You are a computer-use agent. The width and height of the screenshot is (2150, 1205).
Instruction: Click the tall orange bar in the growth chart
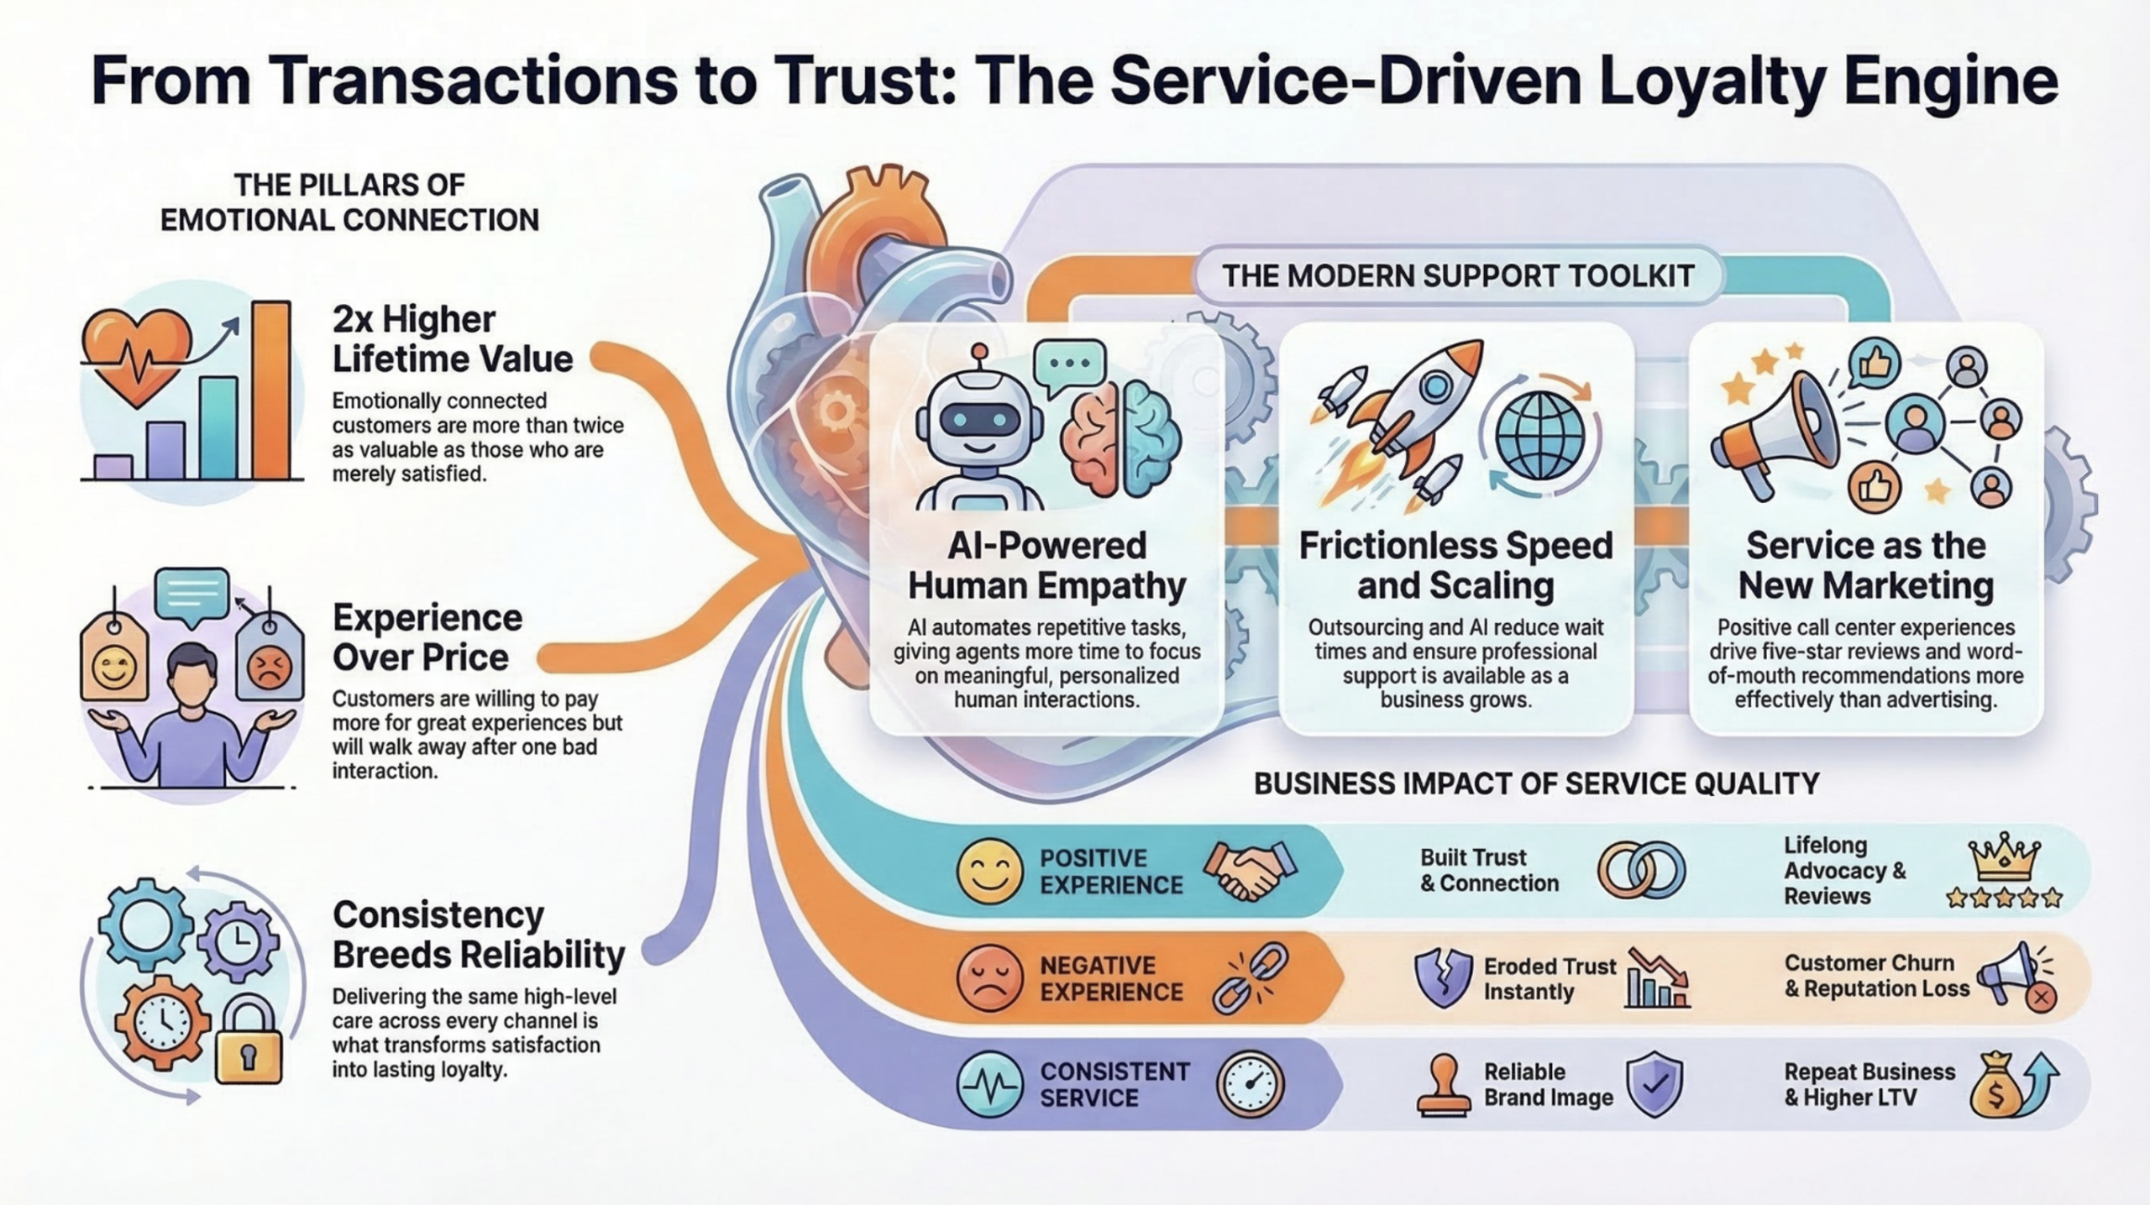271,390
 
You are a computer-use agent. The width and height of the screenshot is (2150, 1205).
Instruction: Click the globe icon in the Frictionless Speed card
1539,437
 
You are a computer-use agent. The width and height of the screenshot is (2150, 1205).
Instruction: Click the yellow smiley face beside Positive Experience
990,871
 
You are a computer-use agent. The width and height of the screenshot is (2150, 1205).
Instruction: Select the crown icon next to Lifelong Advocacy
2004,857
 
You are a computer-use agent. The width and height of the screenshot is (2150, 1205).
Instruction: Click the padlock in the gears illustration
249,1041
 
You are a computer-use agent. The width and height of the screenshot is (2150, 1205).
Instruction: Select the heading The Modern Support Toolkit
1457,276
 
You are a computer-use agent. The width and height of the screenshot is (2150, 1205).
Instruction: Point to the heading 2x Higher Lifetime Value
452,339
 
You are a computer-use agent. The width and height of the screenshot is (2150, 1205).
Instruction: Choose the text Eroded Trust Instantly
1549,978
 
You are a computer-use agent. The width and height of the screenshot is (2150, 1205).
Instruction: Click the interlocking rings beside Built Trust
1640,870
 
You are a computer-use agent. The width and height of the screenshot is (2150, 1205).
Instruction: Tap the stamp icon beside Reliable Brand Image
1444,1086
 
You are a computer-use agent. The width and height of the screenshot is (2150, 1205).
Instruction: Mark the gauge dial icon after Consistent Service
1251,1084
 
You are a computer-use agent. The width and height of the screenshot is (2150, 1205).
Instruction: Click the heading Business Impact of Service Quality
1536,783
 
